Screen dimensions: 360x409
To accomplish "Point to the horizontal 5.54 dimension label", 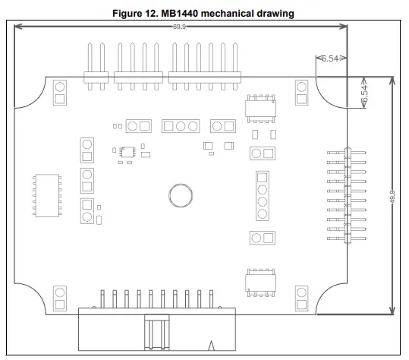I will pyautogui.click(x=331, y=58).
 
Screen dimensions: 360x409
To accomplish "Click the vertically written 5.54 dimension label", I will pyautogui.click(x=364, y=93).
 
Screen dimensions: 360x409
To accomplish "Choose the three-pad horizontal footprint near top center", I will pyautogui.click(x=180, y=126).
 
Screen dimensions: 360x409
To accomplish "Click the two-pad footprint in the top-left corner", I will pyautogui.click(x=59, y=92).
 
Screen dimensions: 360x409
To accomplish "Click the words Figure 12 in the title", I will pyautogui.click(x=133, y=13).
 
